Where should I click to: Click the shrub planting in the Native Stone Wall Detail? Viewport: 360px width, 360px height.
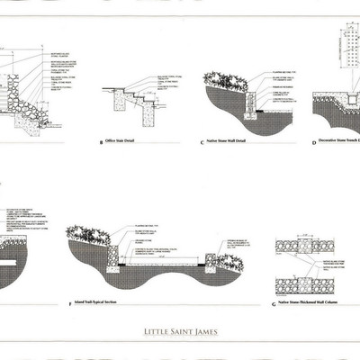[x=232, y=83]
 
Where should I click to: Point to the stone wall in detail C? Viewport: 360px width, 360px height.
[x=250, y=104]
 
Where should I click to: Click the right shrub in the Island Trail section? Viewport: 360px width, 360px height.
[x=227, y=262]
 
